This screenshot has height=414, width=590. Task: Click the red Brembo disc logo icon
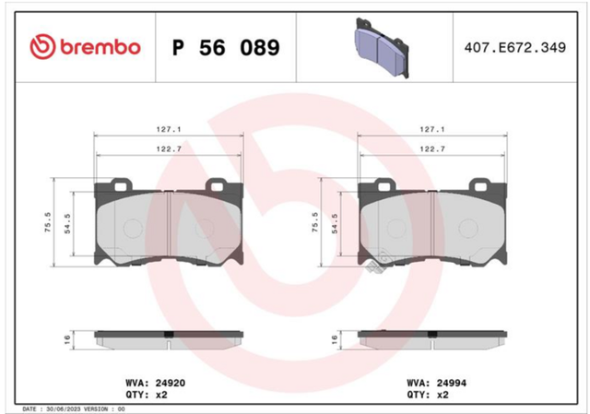click(x=42, y=47)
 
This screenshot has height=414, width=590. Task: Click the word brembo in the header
click(x=100, y=47)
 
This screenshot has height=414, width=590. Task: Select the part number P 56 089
click(x=226, y=48)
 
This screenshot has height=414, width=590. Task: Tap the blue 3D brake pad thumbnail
click(x=382, y=48)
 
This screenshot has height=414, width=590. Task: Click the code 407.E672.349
click(x=515, y=48)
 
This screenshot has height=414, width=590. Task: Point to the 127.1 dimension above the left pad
click(x=169, y=129)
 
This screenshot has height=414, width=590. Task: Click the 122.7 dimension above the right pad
click(x=432, y=149)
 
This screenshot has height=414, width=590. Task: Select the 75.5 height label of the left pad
click(x=48, y=222)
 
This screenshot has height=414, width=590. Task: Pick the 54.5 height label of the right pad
click(x=335, y=223)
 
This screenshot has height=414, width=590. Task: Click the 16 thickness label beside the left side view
click(x=67, y=340)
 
